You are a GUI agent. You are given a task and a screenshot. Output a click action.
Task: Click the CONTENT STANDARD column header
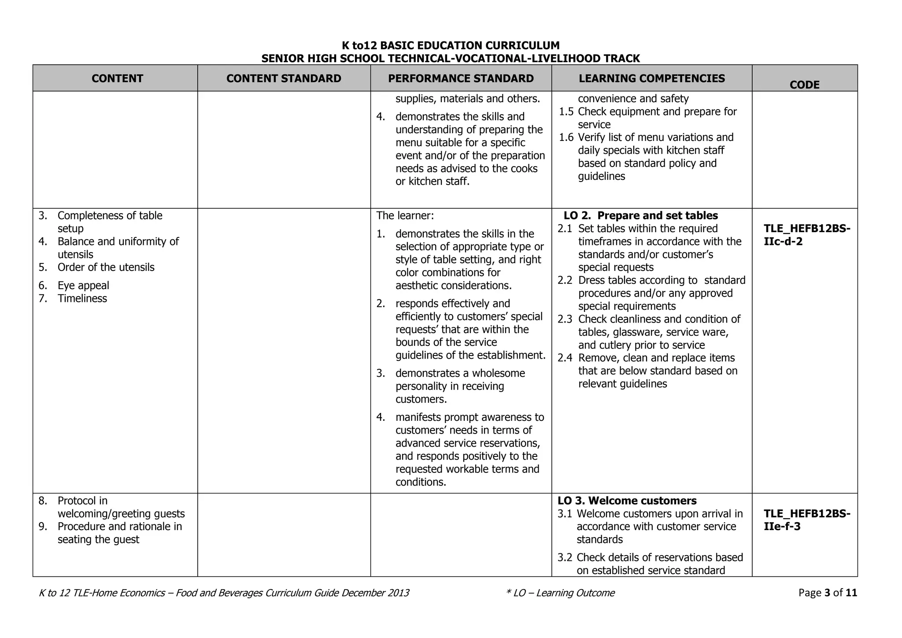coord(284,78)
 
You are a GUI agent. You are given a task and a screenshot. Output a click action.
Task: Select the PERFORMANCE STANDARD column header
coord(461,78)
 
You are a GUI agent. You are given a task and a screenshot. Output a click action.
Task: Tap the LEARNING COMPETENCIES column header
coord(651,78)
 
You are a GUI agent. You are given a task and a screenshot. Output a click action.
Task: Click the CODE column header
coord(804,85)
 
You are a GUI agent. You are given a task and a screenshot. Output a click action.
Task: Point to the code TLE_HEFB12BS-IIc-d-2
coord(807,235)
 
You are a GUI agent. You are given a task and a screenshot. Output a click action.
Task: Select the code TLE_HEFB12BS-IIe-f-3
coord(807,520)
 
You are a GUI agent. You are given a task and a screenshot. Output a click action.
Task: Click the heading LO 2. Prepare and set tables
coord(640,215)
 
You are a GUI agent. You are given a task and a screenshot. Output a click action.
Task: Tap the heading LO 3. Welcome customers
coord(627,501)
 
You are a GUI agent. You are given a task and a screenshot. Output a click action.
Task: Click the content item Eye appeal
coord(83,286)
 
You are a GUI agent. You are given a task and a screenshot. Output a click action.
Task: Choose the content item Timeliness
coord(82,299)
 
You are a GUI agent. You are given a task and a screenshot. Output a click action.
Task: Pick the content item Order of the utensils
coord(106,267)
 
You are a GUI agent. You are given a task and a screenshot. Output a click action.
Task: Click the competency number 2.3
coord(565,319)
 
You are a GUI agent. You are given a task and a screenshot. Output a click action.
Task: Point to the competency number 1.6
coord(566,137)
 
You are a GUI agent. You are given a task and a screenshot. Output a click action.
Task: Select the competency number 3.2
coord(565,558)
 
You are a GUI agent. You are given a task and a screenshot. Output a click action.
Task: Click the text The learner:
coord(405,216)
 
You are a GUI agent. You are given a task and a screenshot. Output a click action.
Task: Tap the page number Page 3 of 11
coord(828,593)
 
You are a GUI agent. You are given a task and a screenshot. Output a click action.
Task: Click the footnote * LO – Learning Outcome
coord(560,593)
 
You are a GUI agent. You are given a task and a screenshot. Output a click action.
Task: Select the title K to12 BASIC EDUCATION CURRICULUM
coord(451,45)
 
